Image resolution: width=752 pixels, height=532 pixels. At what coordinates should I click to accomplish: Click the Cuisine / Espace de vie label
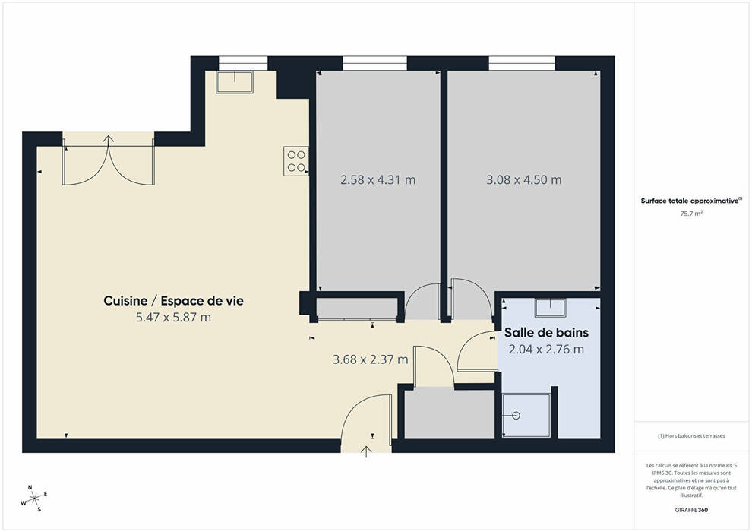click(x=174, y=301)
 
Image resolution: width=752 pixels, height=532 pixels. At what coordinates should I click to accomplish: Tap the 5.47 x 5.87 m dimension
click(x=174, y=317)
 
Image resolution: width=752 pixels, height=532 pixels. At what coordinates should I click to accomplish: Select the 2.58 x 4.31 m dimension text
click(x=378, y=180)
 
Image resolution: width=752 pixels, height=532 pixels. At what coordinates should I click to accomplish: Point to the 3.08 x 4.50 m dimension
click(x=523, y=180)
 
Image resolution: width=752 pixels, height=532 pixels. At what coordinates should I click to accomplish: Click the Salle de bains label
click(x=546, y=332)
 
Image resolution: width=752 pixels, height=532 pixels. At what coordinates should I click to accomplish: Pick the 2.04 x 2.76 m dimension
click(x=546, y=350)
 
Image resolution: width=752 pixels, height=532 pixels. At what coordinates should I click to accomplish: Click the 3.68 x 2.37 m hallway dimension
click(x=370, y=359)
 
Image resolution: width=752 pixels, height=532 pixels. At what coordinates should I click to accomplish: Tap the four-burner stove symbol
click(x=296, y=161)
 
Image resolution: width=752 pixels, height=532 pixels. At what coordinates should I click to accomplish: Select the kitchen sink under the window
click(x=235, y=82)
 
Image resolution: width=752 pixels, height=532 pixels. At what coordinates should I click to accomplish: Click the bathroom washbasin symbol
click(x=551, y=308)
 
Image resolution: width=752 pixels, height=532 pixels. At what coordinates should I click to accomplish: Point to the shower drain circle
click(x=516, y=416)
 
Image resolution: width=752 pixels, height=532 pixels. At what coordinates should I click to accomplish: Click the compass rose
click(x=34, y=499)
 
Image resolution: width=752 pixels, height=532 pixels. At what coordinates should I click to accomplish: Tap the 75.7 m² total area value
click(x=691, y=214)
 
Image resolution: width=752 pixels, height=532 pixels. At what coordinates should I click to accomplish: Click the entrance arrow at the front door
click(x=366, y=451)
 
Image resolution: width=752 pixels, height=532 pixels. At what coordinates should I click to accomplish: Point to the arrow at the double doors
click(x=109, y=141)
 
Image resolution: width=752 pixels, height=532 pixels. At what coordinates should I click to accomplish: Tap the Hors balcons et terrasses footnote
click(x=691, y=436)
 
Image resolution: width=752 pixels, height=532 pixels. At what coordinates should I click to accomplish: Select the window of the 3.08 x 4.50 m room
click(x=522, y=63)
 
